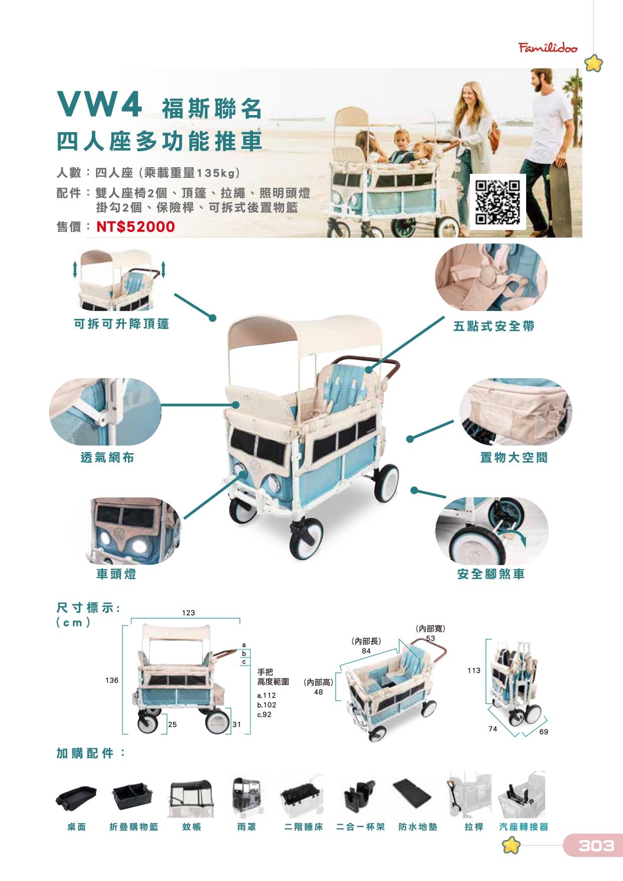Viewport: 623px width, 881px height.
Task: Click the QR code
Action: (497, 202)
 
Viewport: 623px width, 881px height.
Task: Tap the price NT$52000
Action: (136, 227)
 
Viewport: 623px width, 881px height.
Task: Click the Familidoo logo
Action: (548, 48)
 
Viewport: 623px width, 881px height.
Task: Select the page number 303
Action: (596, 846)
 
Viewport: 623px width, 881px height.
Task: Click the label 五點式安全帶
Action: (494, 326)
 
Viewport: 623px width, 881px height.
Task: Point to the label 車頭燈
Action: (116, 574)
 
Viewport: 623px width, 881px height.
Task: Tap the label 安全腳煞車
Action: (491, 574)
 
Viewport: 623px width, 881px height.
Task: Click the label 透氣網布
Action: (107, 458)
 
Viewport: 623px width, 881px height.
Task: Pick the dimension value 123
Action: (188, 613)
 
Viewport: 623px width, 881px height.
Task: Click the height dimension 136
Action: (112, 680)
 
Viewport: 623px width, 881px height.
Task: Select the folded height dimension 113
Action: (473, 670)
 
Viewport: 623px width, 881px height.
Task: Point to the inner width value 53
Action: (430, 638)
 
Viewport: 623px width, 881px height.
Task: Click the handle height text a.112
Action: (266, 696)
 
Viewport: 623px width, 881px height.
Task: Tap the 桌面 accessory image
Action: (76, 798)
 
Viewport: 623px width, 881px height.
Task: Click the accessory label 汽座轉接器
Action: (524, 827)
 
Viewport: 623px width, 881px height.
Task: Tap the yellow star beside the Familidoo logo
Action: (594, 64)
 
